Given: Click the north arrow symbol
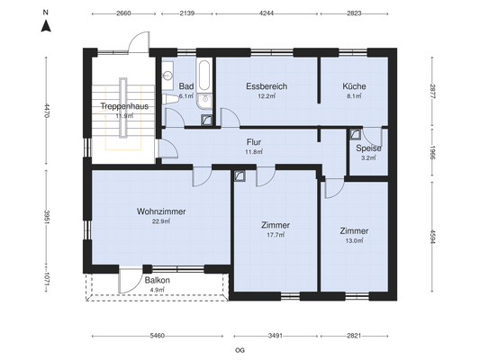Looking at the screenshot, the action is coord(46,26).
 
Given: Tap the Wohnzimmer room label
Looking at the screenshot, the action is coord(161,211).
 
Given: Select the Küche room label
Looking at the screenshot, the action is coord(354,86).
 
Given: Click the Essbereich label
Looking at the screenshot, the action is coord(267,86).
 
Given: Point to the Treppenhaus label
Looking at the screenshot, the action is coord(124,106).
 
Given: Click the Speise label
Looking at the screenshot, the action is coord(368,148).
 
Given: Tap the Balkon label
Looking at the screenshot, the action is coord(158,280).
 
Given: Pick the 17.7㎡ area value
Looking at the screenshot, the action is coord(276,235).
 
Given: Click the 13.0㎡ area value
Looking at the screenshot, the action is coord(354,240).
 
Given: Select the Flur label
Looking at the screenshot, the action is coord(254,142).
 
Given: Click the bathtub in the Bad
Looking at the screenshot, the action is coord(204,76).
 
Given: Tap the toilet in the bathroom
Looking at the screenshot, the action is coord(170,99).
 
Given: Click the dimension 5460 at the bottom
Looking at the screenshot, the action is coord(158,336).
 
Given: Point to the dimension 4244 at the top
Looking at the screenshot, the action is coord(267,13).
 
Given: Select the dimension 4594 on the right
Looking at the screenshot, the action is coord(431,237).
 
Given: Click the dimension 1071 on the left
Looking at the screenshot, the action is coord(46,280).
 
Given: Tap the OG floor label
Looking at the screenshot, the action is coord(240,350).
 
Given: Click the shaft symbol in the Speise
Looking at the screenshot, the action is coord(356,134).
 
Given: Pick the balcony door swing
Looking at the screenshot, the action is coord(131,281).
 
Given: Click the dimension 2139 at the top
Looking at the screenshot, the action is coord(187,13).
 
